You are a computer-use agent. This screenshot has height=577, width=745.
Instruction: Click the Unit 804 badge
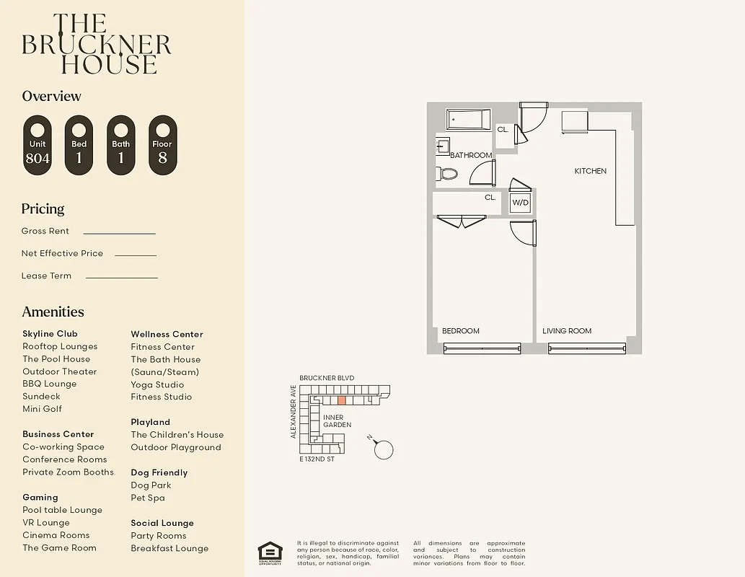point(38,145)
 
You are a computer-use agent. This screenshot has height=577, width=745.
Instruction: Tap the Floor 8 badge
point(162,145)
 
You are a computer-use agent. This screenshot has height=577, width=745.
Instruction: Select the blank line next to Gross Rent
point(119,233)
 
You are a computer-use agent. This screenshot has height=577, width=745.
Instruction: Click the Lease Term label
point(46,276)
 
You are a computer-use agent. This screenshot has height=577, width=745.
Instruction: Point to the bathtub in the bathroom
point(468,120)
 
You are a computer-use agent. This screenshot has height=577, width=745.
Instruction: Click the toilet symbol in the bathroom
point(447,173)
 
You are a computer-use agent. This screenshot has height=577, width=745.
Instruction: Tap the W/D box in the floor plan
point(521,203)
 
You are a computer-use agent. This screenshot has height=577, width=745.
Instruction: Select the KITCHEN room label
point(590,171)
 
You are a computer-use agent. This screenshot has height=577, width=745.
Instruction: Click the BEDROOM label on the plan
point(460,331)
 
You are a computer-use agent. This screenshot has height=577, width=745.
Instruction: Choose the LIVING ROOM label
point(567,331)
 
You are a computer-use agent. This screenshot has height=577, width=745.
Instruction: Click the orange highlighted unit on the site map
point(342,400)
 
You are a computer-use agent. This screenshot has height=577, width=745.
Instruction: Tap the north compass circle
point(384,449)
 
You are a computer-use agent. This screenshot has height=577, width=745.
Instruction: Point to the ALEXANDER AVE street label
point(294,411)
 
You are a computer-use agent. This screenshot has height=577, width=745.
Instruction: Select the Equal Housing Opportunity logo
point(270,553)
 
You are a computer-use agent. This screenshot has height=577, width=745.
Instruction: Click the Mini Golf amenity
point(42,409)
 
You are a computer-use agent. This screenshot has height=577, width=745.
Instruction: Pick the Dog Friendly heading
point(159,472)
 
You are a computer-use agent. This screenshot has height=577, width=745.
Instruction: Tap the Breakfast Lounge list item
point(169,548)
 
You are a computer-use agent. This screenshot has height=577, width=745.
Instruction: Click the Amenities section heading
point(53,312)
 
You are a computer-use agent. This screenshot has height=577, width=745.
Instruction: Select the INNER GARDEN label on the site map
point(337,421)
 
